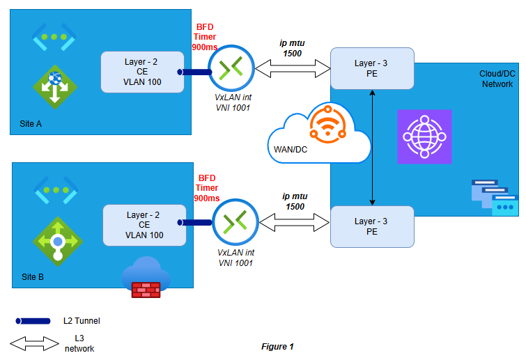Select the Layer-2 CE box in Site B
click(x=145, y=225)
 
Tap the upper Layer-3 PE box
click(x=371, y=68)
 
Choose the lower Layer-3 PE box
click(x=371, y=226)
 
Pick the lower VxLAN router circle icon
click(x=235, y=221)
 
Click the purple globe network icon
click(x=424, y=136)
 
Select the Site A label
click(x=31, y=124)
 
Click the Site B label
click(x=31, y=276)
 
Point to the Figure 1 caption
click(x=277, y=346)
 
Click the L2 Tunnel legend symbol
click(x=33, y=321)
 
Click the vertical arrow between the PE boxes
click(x=373, y=147)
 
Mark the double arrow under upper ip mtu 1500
click(x=292, y=68)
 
